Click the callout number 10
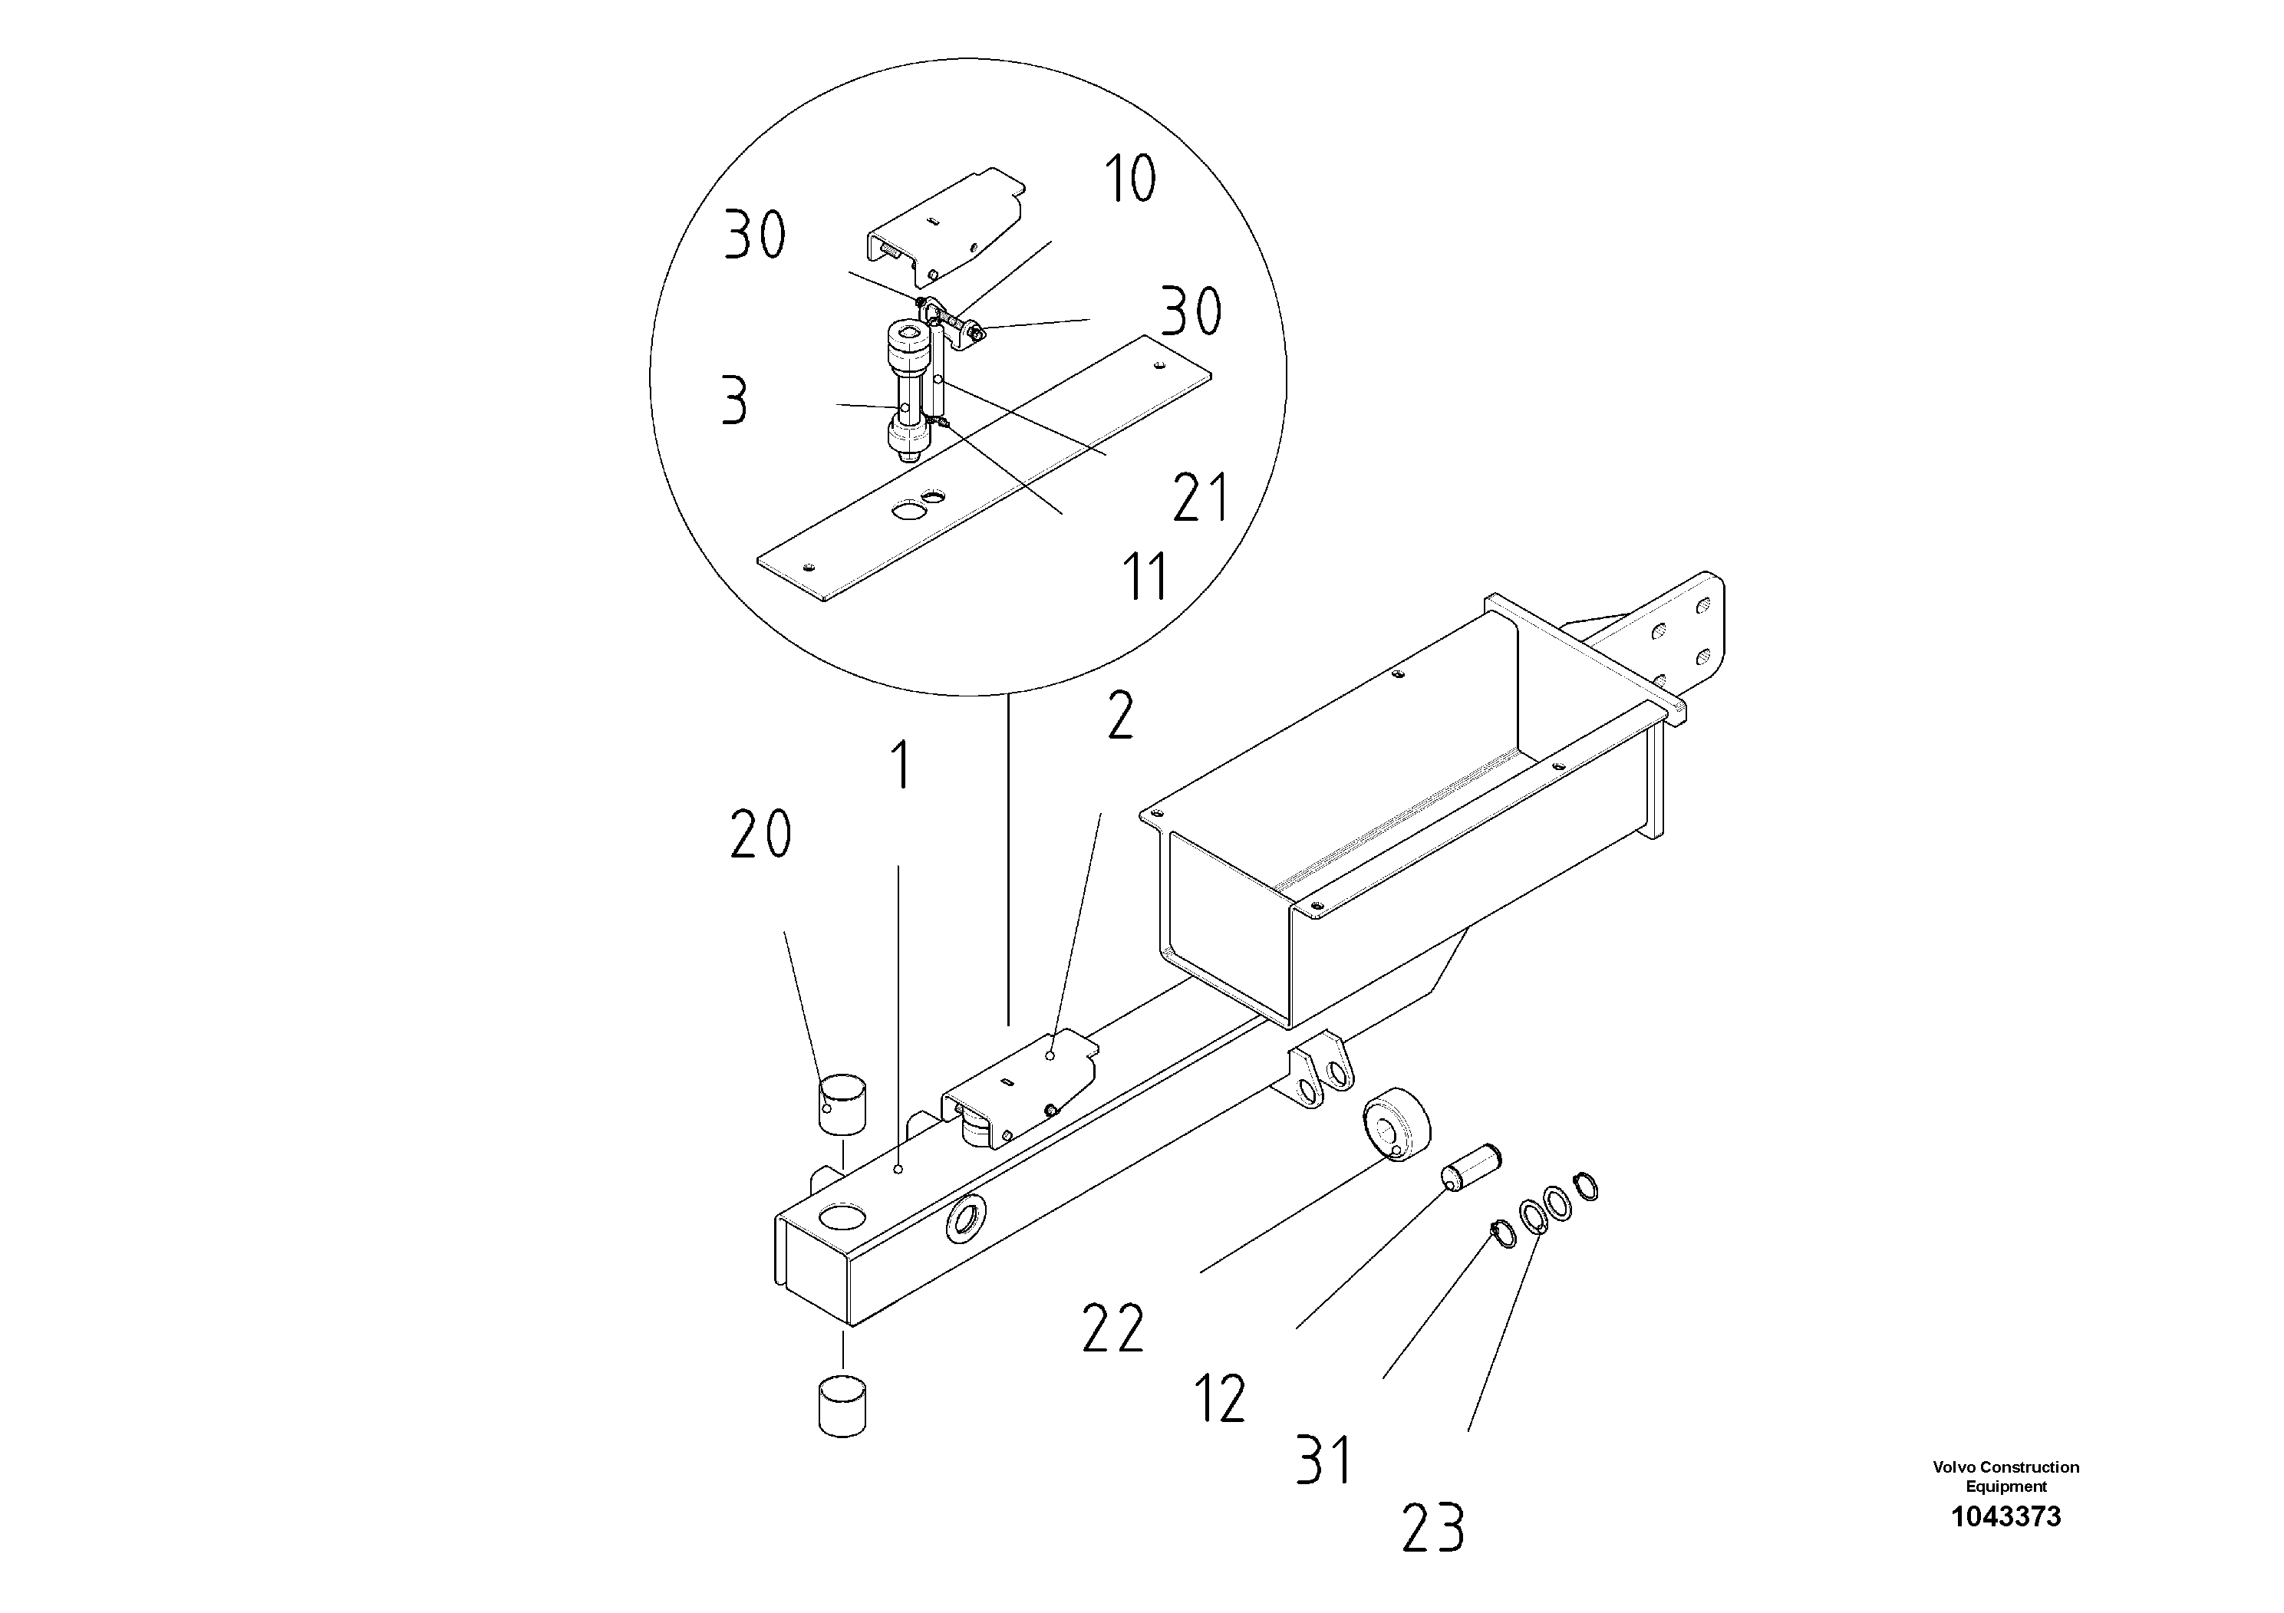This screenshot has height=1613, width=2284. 1131,180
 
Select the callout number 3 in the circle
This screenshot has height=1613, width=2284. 734,402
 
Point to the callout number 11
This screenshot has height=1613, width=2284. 1144,577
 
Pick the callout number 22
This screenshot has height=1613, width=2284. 1113,1328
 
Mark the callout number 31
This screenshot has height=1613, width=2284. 1324,1460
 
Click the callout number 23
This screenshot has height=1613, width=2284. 1433,1529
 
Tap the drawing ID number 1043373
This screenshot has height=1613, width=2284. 2006,1516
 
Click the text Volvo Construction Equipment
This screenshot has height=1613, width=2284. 2006,1476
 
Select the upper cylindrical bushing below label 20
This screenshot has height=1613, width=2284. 842,1102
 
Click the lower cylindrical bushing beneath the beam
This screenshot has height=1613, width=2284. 842,1406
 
